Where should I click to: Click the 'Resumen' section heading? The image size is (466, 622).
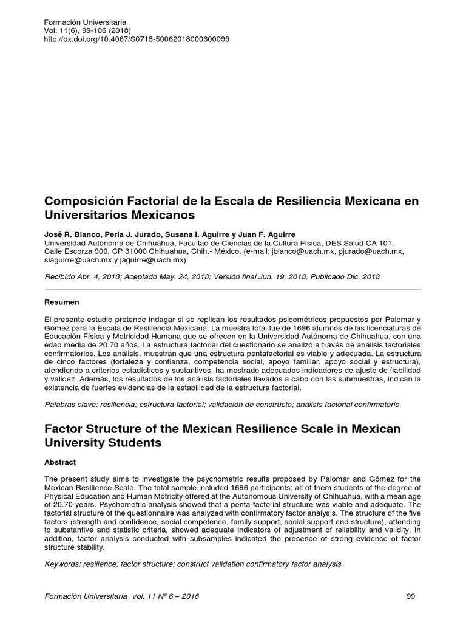point(62,302)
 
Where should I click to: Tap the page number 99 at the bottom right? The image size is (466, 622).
point(410,596)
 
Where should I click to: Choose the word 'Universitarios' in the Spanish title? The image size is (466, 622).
point(89,215)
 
